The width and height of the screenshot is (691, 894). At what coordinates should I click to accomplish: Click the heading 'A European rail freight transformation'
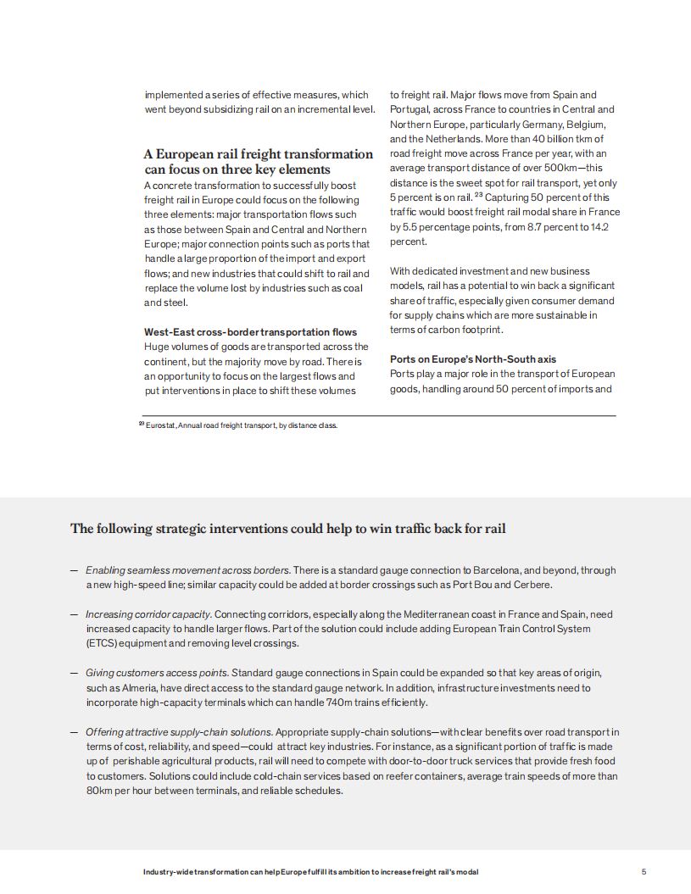[258, 154]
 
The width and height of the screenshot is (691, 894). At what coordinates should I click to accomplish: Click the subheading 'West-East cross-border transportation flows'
[250, 331]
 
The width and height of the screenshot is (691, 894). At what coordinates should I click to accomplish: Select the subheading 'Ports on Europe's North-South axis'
[473, 359]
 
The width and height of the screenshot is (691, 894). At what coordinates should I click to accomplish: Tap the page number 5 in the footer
[644, 872]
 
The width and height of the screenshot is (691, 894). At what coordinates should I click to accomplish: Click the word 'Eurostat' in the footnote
[160, 425]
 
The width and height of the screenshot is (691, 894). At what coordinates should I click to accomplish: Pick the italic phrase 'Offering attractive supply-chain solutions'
[178, 731]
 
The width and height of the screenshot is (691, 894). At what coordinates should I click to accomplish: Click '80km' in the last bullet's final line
[100, 791]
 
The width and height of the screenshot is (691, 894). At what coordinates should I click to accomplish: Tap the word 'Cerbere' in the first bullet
[532, 585]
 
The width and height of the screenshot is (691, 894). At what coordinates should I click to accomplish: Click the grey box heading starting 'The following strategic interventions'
[287, 529]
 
